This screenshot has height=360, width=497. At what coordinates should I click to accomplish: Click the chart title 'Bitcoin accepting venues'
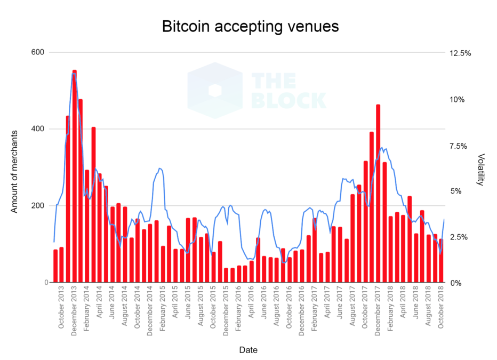click(250, 26)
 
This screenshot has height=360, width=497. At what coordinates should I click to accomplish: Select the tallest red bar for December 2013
click(75, 176)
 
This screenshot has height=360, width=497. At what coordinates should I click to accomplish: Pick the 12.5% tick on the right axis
click(460, 53)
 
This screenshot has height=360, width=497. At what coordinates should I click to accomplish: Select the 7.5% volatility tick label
click(460, 146)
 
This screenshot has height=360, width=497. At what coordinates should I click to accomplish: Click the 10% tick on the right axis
click(460, 100)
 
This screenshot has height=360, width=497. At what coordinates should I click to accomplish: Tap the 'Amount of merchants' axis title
click(14, 171)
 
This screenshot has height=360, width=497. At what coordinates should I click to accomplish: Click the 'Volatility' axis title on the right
click(481, 170)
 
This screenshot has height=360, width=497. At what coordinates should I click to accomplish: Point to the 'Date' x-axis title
click(248, 350)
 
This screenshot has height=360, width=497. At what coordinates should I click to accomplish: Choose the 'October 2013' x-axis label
click(62, 309)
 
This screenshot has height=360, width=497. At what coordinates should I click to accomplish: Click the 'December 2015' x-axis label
click(226, 310)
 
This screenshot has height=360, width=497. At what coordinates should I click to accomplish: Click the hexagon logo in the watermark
click(215, 90)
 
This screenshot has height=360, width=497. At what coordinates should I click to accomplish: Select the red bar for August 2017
click(353, 238)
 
